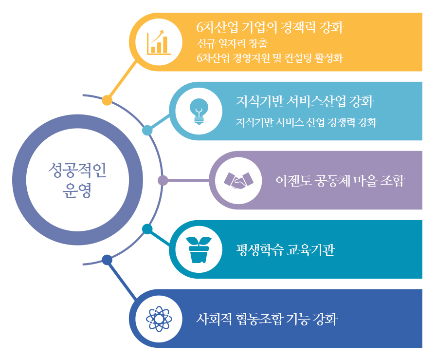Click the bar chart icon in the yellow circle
(x=159, y=42)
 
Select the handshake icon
(x=238, y=181)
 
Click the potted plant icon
(x=199, y=250)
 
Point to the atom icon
(x=159, y=319)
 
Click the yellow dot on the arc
(x=107, y=100)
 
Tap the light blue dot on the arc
(x=147, y=130)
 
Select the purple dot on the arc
(x=163, y=180)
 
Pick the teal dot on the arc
(x=147, y=229)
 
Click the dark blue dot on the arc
(x=107, y=260)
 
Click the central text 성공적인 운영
(x=77, y=180)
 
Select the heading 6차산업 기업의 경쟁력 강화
(x=270, y=28)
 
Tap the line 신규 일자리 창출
(x=232, y=43)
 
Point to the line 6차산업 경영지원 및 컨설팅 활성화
(x=270, y=58)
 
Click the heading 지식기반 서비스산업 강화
(x=305, y=101)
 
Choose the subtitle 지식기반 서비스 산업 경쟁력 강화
(x=307, y=122)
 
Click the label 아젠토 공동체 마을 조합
(x=340, y=181)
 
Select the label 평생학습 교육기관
(x=286, y=250)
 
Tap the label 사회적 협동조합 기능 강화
(x=267, y=319)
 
